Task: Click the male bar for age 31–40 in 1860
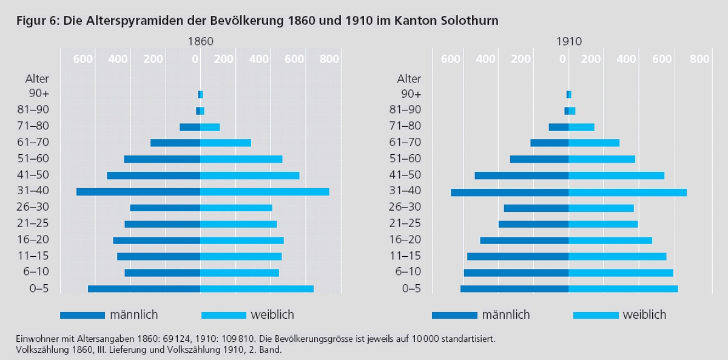[x=138, y=192]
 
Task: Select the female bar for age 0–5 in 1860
[x=257, y=289]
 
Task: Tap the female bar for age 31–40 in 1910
[x=627, y=192]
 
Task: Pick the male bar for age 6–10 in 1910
[x=516, y=273]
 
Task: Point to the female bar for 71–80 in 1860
[x=210, y=127]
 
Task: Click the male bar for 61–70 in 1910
[x=549, y=143]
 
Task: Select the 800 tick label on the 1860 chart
[x=329, y=59]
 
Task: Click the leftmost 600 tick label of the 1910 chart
[x=451, y=59]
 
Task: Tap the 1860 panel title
[x=200, y=42]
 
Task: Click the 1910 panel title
[x=568, y=42]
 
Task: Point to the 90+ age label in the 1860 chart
[x=39, y=93]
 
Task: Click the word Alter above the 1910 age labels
[x=409, y=78]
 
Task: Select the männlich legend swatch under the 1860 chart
[x=83, y=315]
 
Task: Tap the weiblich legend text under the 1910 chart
[x=644, y=314]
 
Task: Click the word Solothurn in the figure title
[x=468, y=21]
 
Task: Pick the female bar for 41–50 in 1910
[x=616, y=175]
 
